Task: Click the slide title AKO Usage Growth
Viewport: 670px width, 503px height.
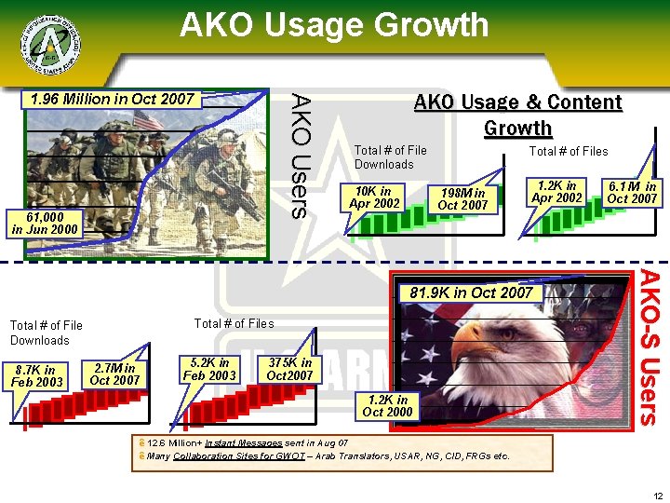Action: [x=334, y=25]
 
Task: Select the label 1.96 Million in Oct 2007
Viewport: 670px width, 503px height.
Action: [x=113, y=99]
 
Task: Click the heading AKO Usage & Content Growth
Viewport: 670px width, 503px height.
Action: [x=517, y=115]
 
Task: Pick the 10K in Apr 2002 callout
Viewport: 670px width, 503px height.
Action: [x=372, y=197]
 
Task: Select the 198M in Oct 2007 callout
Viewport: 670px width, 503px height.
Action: [x=462, y=198]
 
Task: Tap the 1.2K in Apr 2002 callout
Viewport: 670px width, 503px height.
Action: [x=556, y=192]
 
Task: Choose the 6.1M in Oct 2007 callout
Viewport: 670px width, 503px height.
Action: [x=632, y=192]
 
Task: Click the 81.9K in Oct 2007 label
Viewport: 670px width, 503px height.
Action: [x=471, y=293]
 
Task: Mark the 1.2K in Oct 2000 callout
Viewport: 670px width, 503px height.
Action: [x=387, y=406]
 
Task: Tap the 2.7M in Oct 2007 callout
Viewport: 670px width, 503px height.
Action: [x=114, y=374]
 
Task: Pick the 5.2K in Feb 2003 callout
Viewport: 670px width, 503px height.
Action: [x=208, y=368]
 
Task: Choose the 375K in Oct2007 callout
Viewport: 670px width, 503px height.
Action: [x=289, y=368]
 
